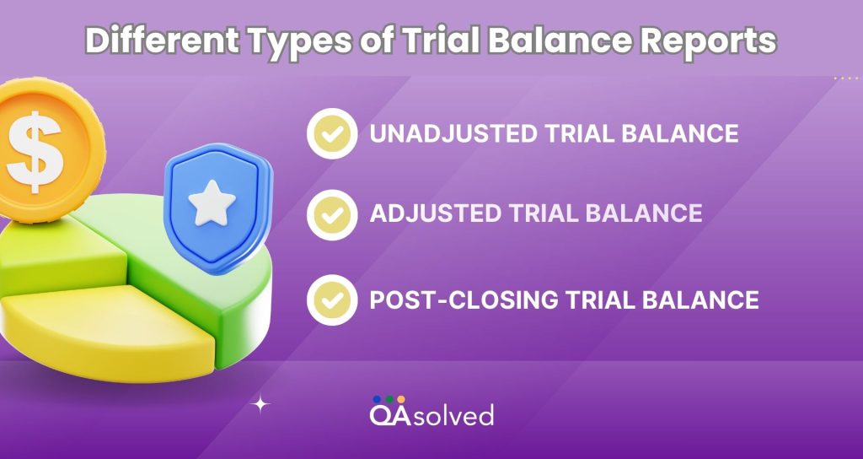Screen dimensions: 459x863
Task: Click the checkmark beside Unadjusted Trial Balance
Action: click(332, 133)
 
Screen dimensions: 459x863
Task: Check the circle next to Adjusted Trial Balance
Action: click(332, 213)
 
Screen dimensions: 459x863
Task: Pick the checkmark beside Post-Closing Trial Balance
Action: click(332, 300)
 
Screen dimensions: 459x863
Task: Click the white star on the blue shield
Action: click(205, 202)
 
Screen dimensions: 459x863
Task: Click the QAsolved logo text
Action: click(431, 413)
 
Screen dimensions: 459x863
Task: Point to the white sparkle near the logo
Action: click(262, 404)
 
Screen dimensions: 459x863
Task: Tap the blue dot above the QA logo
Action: click(376, 398)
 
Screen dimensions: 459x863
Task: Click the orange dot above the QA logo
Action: click(400, 398)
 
